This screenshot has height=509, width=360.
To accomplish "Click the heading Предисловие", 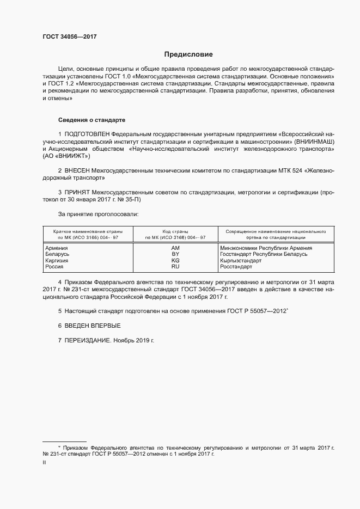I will pyautogui.click(x=188, y=54).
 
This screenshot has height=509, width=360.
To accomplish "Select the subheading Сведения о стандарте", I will pyautogui.click(x=91, y=119).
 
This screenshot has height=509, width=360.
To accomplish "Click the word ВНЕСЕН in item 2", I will pyautogui.click(x=77, y=170).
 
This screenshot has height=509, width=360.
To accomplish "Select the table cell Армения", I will pyautogui.click(x=57, y=248).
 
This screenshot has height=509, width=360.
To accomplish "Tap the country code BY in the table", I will pyautogui.click(x=175, y=254).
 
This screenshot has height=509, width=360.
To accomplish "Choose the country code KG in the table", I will pyautogui.click(x=175, y=261).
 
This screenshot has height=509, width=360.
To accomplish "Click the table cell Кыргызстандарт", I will pyautogui.click(x=241, y=261).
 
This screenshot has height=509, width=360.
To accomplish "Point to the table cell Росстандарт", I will pyautogui.click(x=236, y=267).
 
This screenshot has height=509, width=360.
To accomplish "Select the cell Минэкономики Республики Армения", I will pyautogui.click(x=265, y=248).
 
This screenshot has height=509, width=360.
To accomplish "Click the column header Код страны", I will pyautogui.click(x=175, y=231).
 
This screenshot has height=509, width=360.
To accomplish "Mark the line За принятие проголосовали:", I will pyautogui.click(x=98, y=214).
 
